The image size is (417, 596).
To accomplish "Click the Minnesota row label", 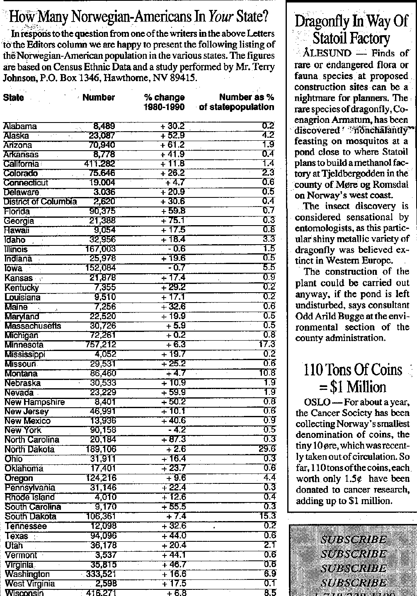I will (24, 345).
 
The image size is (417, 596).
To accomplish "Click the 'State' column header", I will (13, 98).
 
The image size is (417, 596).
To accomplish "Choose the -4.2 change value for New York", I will (177, 430).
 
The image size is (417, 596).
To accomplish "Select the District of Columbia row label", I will (40, 202).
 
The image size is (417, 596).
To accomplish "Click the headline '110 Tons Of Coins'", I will (352, 370).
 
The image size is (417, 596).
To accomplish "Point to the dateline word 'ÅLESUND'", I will (327, 53).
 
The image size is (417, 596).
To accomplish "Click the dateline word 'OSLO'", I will (317, 402).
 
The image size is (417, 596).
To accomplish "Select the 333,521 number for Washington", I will (101, 574).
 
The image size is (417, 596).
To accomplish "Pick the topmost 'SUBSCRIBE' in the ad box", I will (354, 540).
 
